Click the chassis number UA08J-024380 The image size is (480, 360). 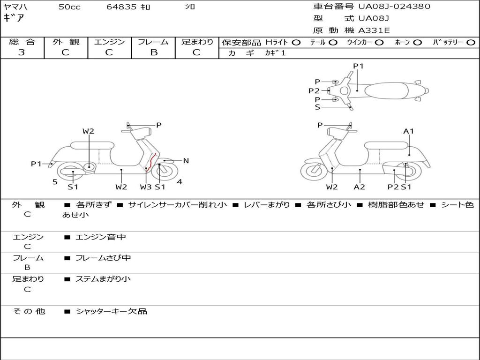[x=394, y=7]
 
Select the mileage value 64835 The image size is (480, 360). [x=122, y=7]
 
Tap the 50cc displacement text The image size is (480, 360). [x=69, y=7]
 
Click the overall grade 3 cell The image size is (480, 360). [x=22, y=52]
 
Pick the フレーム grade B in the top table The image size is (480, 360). [x=153, y=52]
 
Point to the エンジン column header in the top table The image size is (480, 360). [x=109, y=42]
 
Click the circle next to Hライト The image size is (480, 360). [x=296, y=42]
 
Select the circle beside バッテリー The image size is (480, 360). [x=471, y=42]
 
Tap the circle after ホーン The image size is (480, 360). [x=417, y=42]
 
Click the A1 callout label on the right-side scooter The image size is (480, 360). [x=409, y=131]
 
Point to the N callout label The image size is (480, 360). [x=186, y=161]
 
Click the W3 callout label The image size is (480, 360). [x=146, y=187]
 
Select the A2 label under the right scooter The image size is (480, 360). [x=360, y=187]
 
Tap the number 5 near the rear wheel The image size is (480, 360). [x=55, y=182]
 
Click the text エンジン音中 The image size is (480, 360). [x=101, y=237]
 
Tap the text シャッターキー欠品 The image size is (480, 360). [x=112, y=311]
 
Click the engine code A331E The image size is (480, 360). [x=374, y=30]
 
